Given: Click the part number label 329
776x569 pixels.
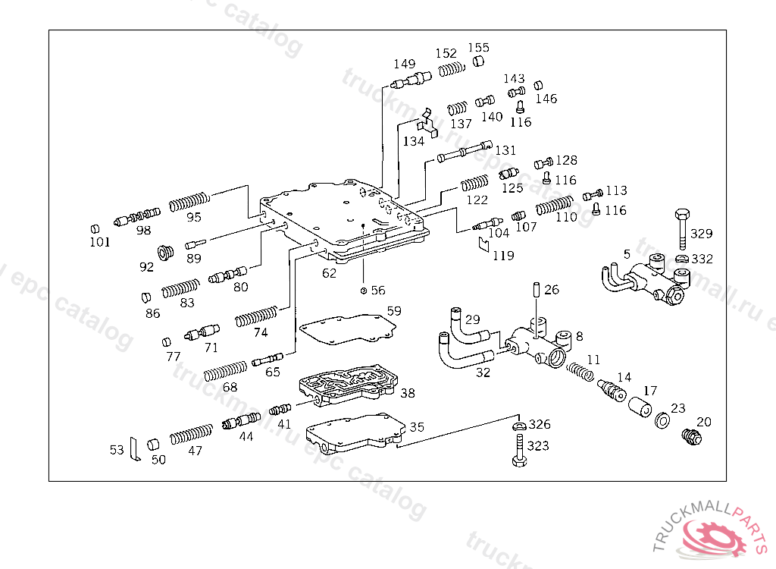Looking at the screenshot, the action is [701, 234].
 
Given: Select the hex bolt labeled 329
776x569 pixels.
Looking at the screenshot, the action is [683, 229].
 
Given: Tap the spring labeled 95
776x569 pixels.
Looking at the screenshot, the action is [189, 202].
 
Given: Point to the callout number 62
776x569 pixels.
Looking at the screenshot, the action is [329, 273].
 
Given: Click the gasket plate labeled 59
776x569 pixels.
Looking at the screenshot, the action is [348, 329].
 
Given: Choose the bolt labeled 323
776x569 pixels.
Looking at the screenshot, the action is [519, 450].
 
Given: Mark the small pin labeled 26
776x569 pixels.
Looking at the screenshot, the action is [537, 290].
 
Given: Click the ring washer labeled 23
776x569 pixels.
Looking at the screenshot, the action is [662, 420].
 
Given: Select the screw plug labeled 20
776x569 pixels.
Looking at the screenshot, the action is [691, 436].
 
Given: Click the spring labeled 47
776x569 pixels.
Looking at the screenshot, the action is [191, 434].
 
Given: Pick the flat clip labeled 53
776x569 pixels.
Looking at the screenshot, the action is [135, 449].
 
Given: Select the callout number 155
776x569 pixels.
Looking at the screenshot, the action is [479, 48].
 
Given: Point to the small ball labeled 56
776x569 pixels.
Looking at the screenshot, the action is [364, 291].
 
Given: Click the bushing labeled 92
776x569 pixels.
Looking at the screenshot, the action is [165, 253].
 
